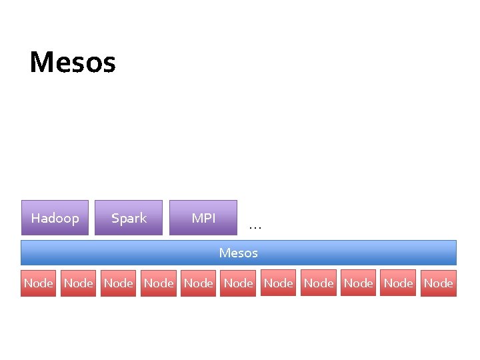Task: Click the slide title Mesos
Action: click(x=73, y=63)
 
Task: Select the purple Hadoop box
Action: click(x=55, y=218)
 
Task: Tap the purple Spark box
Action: click(x=129, y=218)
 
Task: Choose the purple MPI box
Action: click(x=203, y=218)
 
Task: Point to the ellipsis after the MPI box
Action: click(x=255, y=227)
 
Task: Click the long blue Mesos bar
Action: click(x=239, y=253)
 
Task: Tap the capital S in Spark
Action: click(x=115, y=218)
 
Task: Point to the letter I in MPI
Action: click(x=213, y=218)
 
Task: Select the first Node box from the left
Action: click(x=38, y=283)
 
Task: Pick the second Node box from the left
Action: click(x=78, y=283)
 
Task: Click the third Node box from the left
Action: click(x=118, y=283)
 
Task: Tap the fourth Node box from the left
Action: click(x=158, y=283)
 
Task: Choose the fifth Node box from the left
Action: click(x=198, y=283)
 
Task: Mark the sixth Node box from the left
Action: click(x=238, y=283)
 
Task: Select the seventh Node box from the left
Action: click(x=278, y=283)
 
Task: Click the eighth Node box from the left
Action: click(x=318, y=283)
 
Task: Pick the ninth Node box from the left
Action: click(x=358, y=283)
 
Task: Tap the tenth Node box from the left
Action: click(x=398, y=283)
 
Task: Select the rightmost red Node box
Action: click(x=438, y=283)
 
